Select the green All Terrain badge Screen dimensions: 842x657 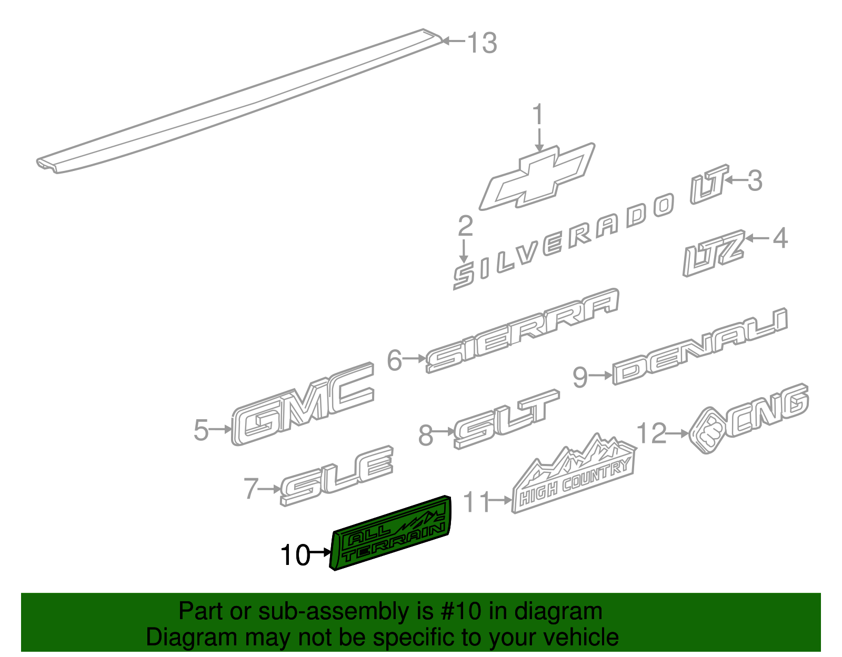pyautogui.click(x=390, y=533)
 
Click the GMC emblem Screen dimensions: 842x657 pyautogui.click(x=303, y=404)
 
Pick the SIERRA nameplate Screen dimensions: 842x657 pyautogui.click(x=523, y=331)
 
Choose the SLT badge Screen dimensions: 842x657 pyautogui.click(x=507, y=419)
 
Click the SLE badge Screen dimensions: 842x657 pyautogui.click(x=336, y=476)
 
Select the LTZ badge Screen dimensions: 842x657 pyautogui.click(x=714, y=254)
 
